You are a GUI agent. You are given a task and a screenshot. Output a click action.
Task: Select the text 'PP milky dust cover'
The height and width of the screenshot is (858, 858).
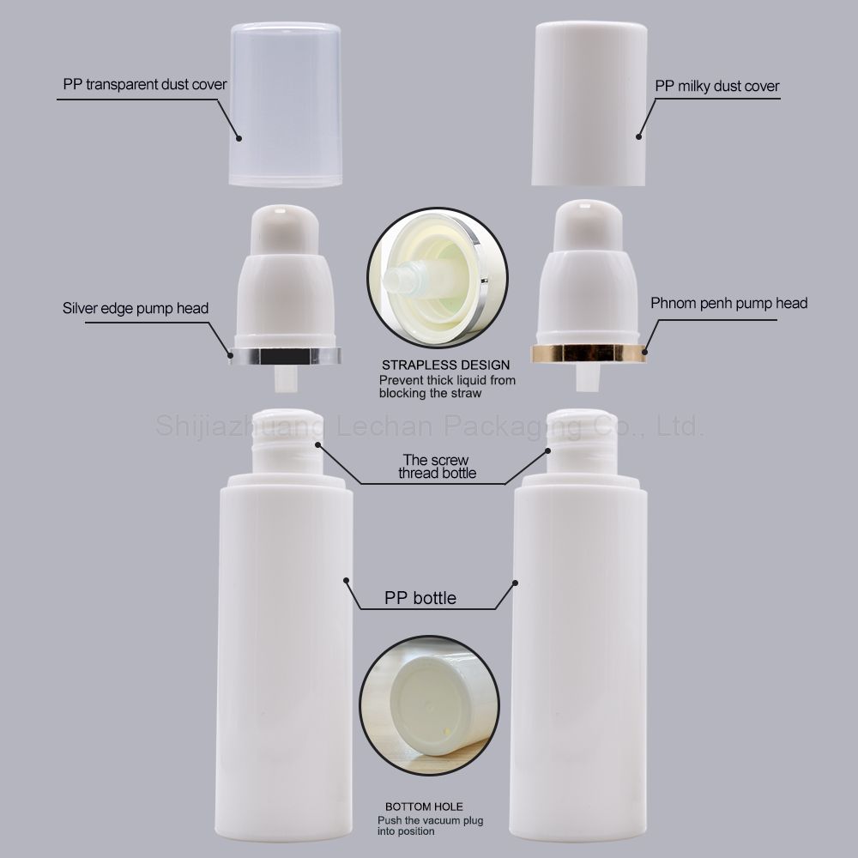(x=716, y=86)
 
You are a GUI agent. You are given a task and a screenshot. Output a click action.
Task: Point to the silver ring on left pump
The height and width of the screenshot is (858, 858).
(x=285, y=355)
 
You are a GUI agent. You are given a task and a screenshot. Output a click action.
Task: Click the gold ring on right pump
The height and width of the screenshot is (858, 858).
(x=589, y=353)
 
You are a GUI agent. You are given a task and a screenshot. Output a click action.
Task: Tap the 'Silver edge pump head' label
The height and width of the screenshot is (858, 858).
(x=136, y=308)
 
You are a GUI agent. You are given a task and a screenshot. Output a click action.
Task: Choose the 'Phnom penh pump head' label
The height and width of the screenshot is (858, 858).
(x=728, y=303)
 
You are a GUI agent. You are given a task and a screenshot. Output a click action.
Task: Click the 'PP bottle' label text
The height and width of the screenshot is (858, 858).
(x=420, y=597)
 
